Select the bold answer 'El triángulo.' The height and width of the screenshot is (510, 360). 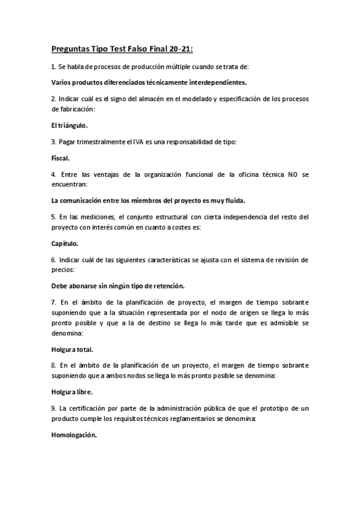coord(69,126)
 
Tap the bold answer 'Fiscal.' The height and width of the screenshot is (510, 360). coord(60,158)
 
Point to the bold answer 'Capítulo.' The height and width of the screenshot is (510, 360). coord(65,244)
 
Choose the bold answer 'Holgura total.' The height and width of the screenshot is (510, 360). coord(72,349)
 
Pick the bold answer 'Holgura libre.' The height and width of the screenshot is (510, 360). coord(72,392)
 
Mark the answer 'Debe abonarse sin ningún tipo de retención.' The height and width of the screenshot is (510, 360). coord(118,286)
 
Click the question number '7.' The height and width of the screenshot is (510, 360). coord(53,302)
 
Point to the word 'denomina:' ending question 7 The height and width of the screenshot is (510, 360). coord(67,334)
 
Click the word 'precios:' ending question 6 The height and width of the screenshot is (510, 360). coord(63,269)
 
